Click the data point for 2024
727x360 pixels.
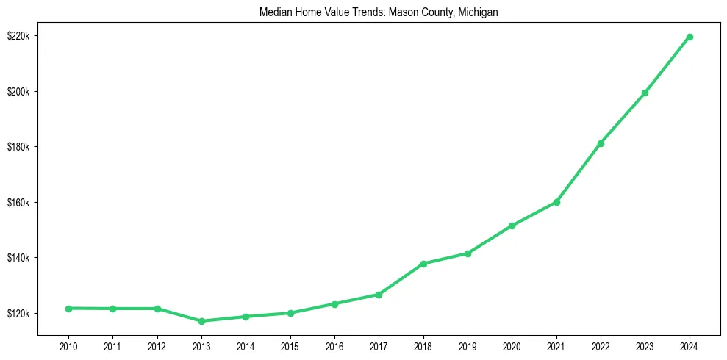(x=690, y=37)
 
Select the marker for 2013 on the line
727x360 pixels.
(x=201, y=321)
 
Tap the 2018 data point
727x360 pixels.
(x=423, y=264)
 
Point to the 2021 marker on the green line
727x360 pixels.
(x=556, y=202)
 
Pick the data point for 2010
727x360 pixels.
(x=68, y=309)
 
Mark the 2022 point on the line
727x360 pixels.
(x=601, y=143)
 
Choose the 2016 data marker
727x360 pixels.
(x=334, y=303)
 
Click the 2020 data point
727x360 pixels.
(x=512, y=226)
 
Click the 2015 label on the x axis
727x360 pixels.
(x=290, y=347)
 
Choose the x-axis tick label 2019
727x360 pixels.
(x=468, y=347)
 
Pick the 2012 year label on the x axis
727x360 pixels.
(x=157, y=347)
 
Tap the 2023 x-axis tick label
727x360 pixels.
(x=645, y=347)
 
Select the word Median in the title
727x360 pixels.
(x=275, y=12)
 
